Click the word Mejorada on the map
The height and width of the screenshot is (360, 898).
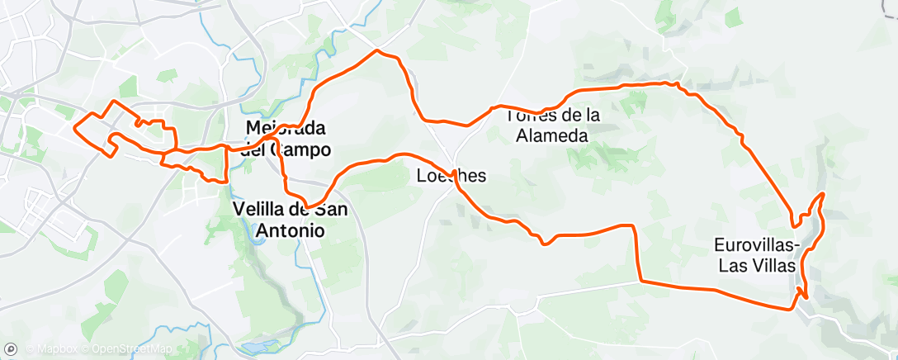(286, 129)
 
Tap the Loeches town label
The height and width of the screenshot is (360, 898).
(451, 176)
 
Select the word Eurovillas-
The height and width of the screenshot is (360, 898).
(756, 245)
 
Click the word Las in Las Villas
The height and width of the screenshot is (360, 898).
(732, 266)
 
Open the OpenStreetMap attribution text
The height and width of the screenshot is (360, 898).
(126, 349)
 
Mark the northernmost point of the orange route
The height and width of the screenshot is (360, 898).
(377, 50)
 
